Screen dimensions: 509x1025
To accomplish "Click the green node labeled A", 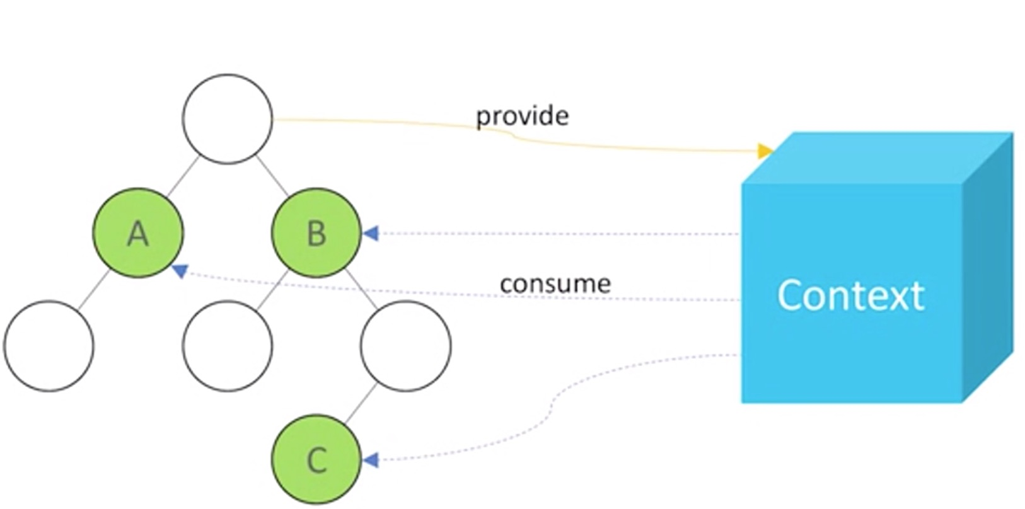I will (138, 233).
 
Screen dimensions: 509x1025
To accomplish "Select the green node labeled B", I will (316, 233).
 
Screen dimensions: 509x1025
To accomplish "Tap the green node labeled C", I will (316, 459).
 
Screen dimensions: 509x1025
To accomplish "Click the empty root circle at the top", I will (228, 119).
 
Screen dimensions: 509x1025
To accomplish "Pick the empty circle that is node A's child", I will (49, 346).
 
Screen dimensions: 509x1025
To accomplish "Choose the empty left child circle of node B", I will (228, 346).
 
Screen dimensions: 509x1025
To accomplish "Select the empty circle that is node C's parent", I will (406, 346).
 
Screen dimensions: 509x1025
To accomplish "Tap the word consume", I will (555, 284).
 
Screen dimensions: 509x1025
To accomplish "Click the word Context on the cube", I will (850, 295).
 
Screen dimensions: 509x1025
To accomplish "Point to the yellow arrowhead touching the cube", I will (765, 151).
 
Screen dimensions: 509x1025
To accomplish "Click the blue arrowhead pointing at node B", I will (371, 233).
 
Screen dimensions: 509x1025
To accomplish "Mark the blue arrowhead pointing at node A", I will (180, 271).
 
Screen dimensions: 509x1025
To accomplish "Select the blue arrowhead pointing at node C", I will (371, 460).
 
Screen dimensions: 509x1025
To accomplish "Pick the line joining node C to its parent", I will (361, 403).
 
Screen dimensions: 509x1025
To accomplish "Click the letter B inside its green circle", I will (316, 234).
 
